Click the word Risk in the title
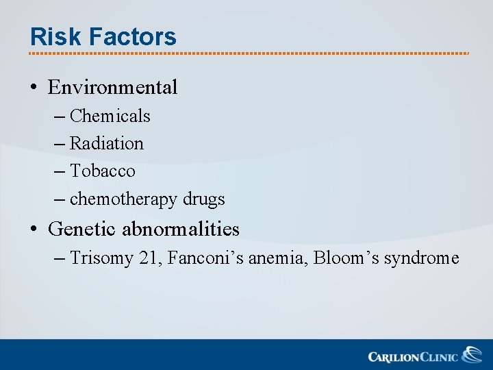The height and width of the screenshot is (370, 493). [x=51, y=36]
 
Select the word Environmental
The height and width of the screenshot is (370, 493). [x=113, y=88]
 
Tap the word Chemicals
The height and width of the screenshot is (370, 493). [x=110, y=116]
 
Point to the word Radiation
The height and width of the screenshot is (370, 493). [x=107, y=144]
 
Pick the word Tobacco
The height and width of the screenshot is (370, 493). [x=103, y=171]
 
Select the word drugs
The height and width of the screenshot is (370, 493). [x=203, y=199]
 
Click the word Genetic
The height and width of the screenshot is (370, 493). [x=83, y=229]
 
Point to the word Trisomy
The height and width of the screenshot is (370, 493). [x=101, y=258]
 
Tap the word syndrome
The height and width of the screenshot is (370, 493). [x=421, y=258]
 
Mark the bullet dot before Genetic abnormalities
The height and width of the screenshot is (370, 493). [x=34, y=230]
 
